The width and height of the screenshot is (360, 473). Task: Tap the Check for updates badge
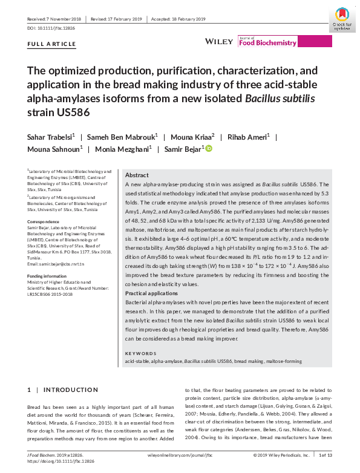pos(342,19)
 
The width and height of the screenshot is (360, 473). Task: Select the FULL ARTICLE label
pos(51,44)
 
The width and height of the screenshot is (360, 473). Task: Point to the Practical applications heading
pos(151,293)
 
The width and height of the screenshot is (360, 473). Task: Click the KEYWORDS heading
pos(140,353)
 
